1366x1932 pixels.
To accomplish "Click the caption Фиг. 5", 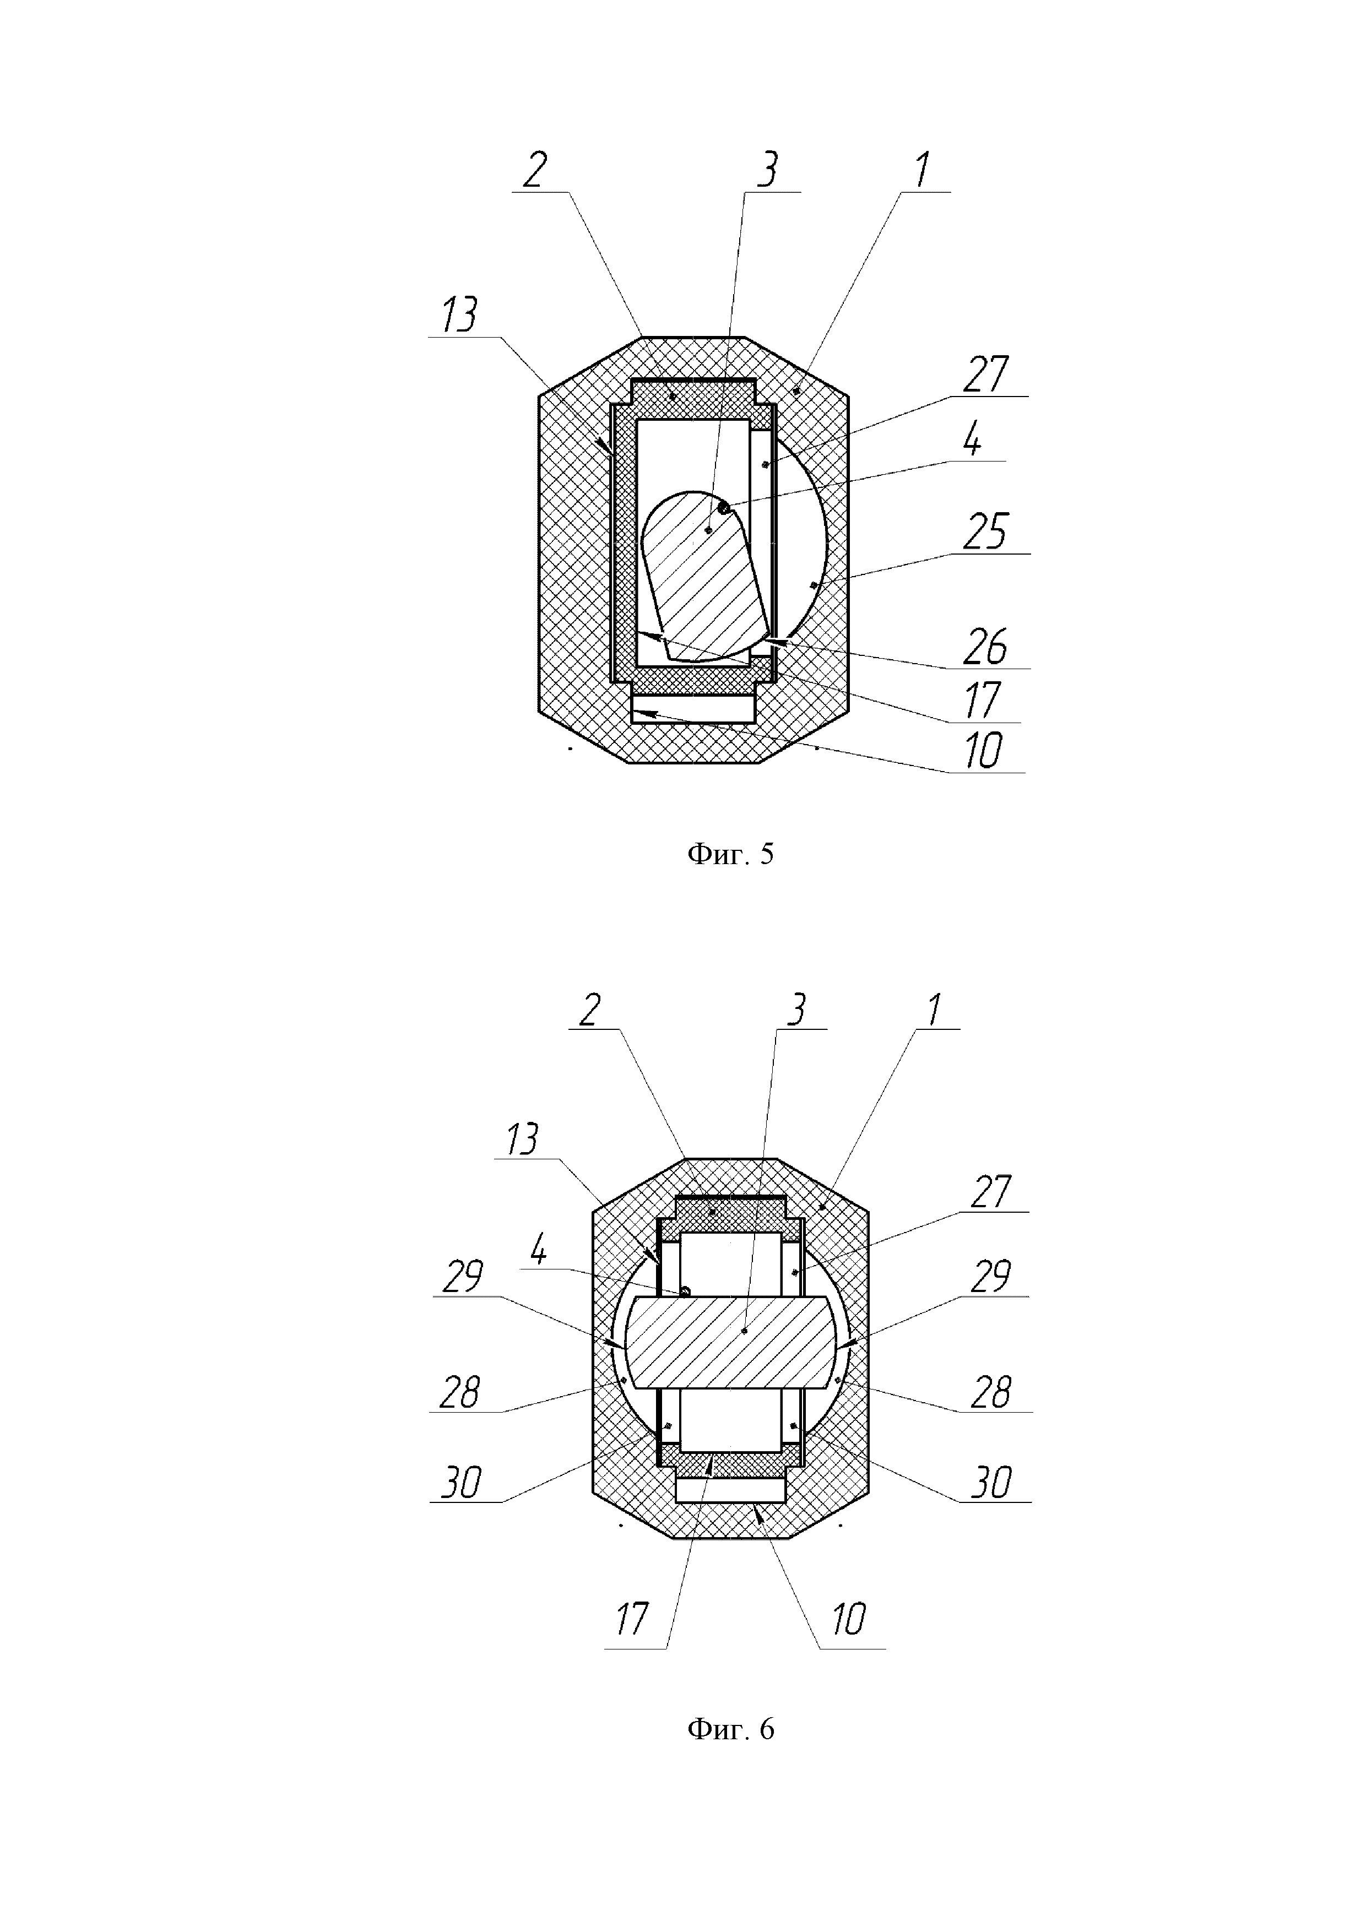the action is [x=730, y=855].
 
